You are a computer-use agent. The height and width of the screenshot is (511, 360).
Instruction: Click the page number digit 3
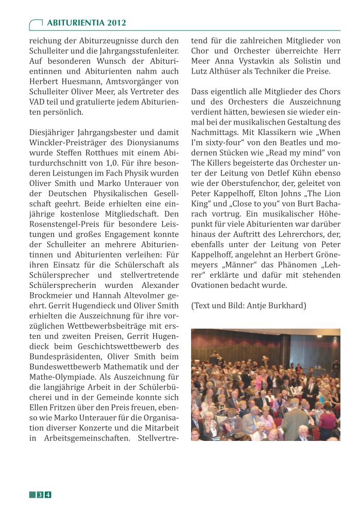coord(40,495)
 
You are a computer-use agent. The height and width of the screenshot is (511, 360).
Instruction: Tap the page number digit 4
coord(48,495)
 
